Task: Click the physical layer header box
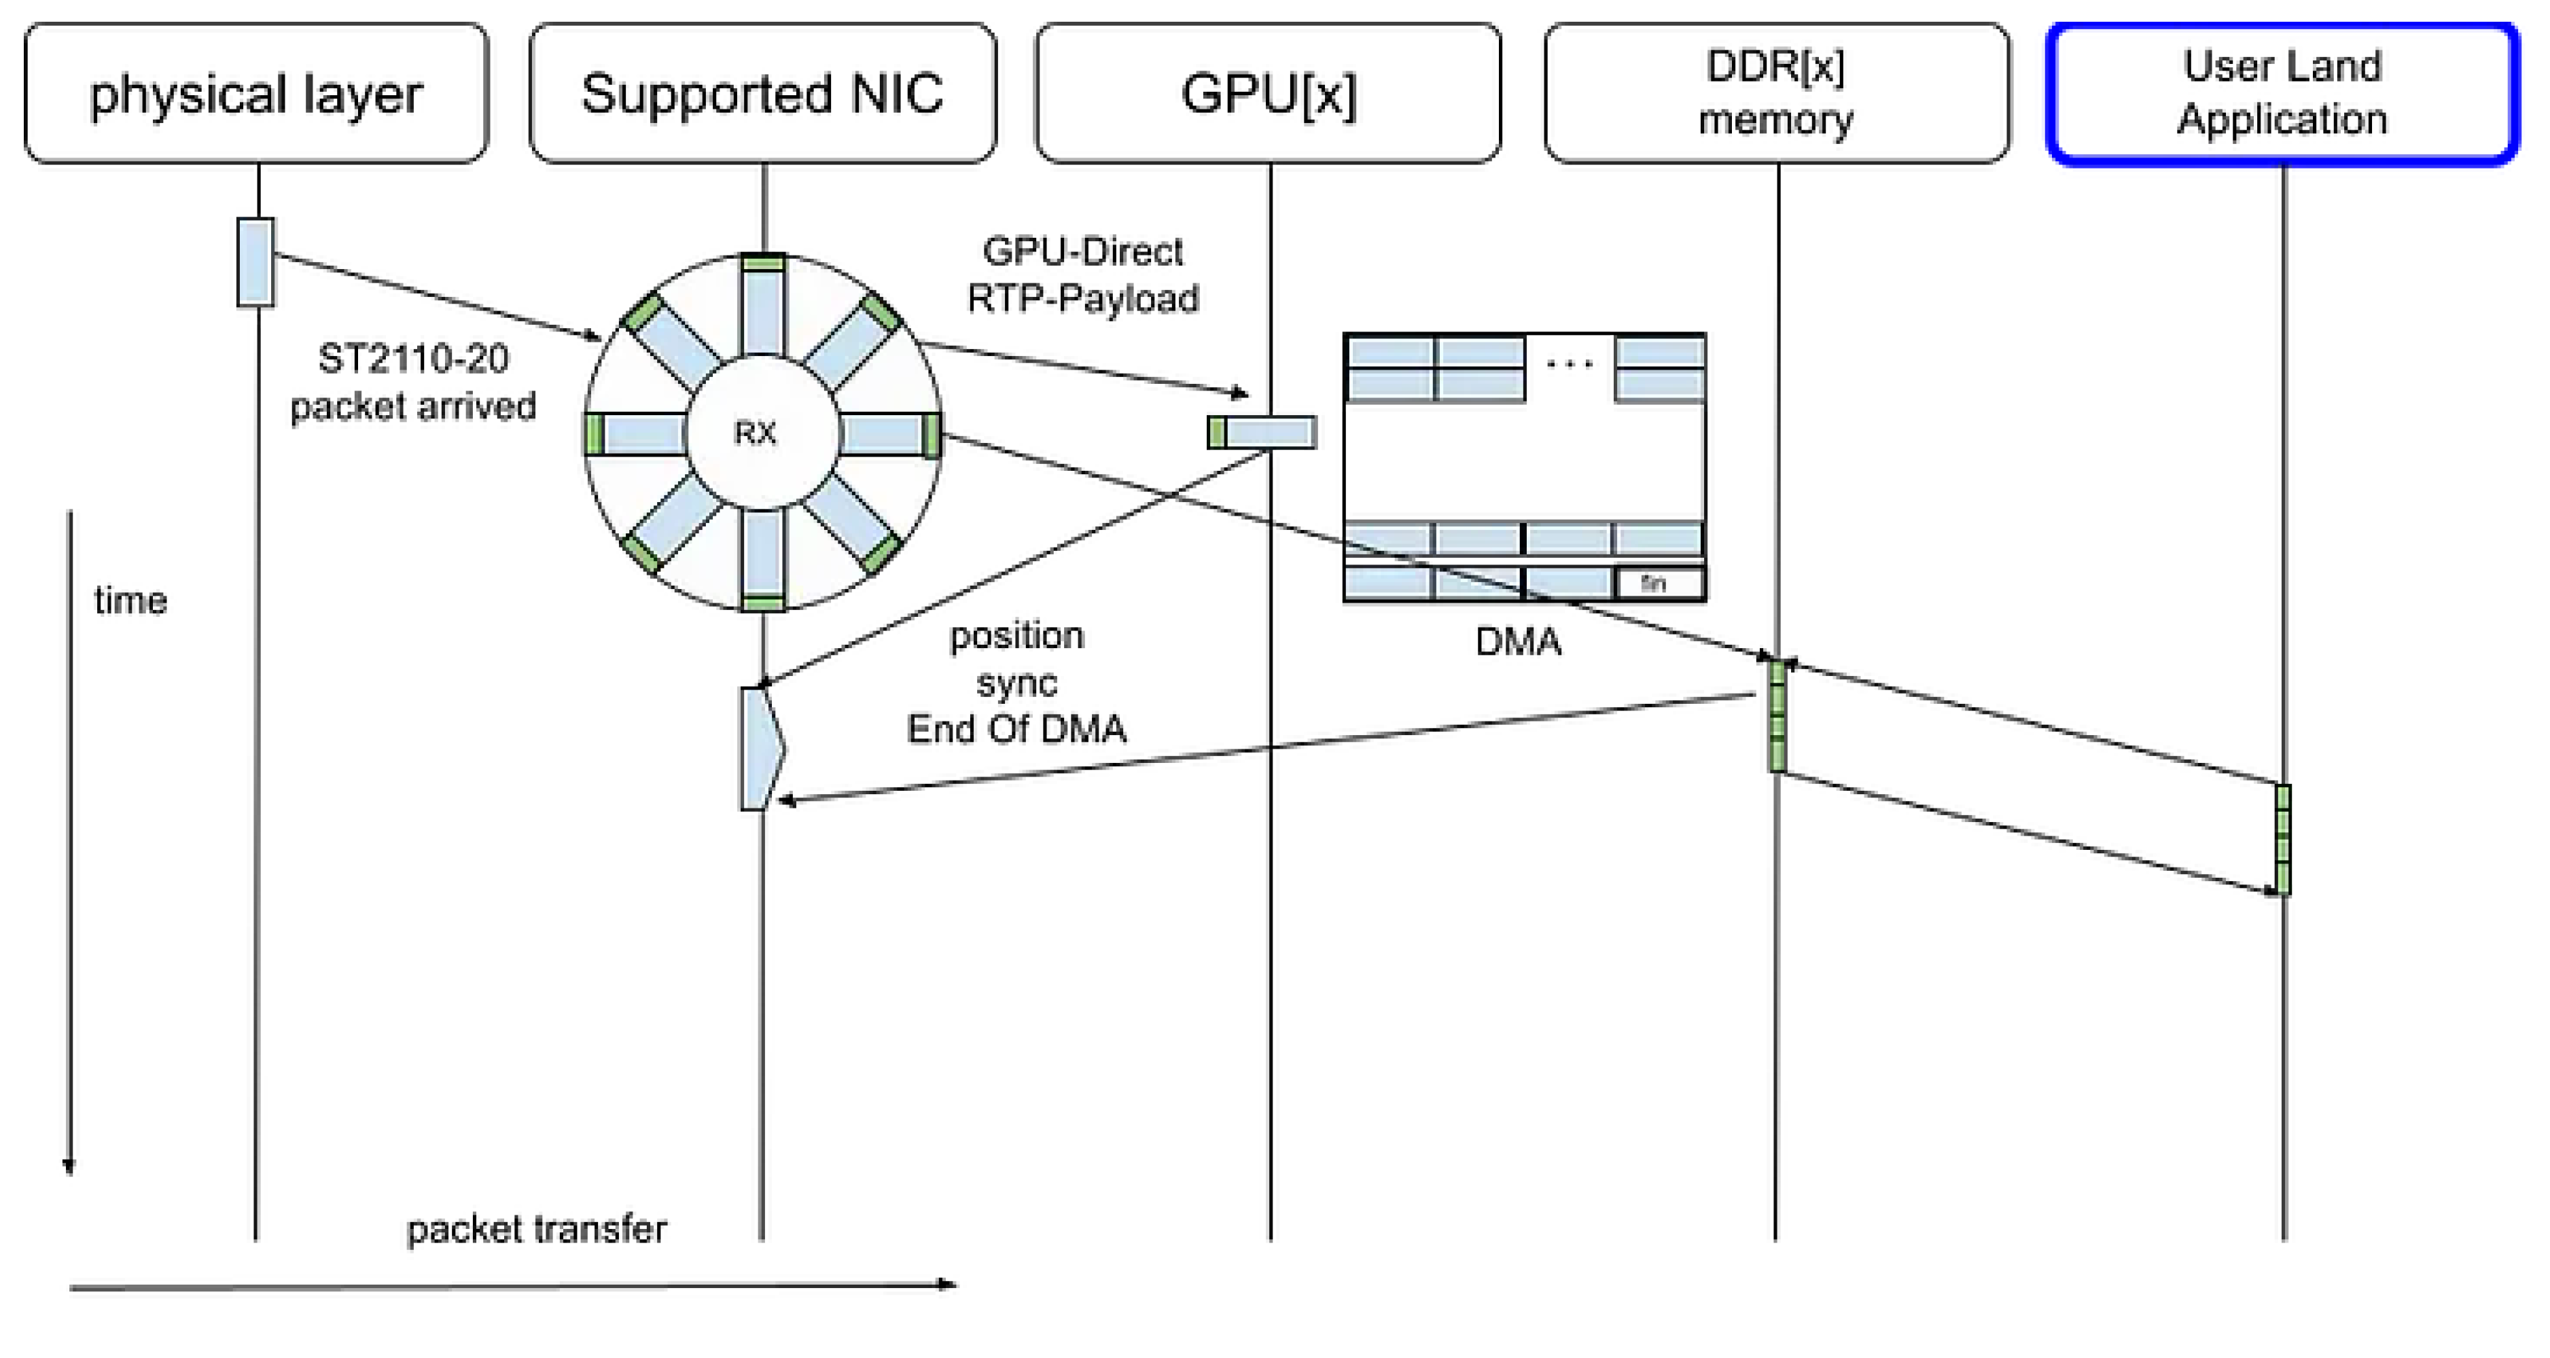(255, 94)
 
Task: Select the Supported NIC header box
(762, 94)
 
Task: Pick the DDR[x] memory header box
(1776, 94)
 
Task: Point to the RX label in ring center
(756, 433)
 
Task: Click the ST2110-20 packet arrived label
(413, 382)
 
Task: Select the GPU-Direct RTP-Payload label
(1083, 275)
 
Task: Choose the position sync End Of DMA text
(1016, 682)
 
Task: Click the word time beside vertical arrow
(130, 601)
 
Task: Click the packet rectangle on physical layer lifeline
(255, 262)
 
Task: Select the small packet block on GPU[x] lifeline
(1262, 433)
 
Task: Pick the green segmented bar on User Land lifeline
(2283, 840)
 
